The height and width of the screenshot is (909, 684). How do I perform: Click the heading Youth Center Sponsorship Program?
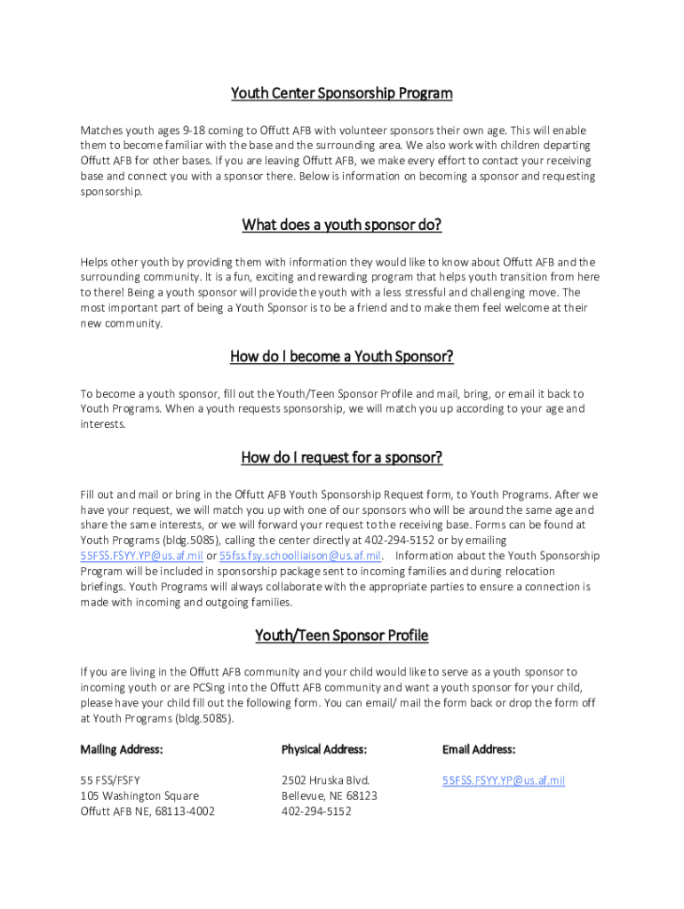[x=342, y=93]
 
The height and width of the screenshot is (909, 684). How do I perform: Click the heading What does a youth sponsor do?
[x=342, y=225]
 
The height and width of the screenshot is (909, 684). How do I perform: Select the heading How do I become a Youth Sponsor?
[x=342, y=357]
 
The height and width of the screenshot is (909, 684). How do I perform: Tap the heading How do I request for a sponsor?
[x=342, y=458]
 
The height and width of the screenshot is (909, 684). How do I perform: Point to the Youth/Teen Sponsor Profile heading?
[x=342, y=636]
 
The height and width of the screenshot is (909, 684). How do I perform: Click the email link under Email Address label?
[x=504, y=781]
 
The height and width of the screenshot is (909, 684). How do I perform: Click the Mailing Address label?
[x=122, y=750]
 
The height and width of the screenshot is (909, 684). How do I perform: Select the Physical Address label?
[x=324, y=750]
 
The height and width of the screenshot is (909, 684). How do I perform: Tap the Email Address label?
[x=479, y=750]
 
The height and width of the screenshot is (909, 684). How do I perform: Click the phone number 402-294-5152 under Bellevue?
[x=316, y=811]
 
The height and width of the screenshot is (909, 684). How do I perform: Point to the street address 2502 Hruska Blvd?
[x=325, y=781]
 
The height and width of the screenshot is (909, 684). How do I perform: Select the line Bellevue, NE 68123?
[x=329, y=796]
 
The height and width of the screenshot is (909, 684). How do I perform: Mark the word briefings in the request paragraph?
[x=103, y=587]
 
